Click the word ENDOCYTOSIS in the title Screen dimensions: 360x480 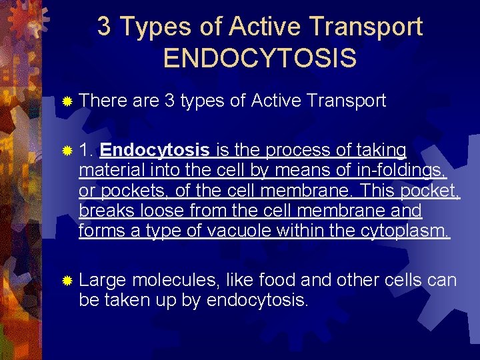(x=259, y=57)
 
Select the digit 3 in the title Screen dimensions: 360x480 (x=104, y=27)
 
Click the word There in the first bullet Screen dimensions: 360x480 (x=103, y=101)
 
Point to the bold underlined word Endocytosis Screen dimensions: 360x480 (x=157, y=150)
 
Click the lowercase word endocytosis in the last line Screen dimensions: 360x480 (x=258, y=300)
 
